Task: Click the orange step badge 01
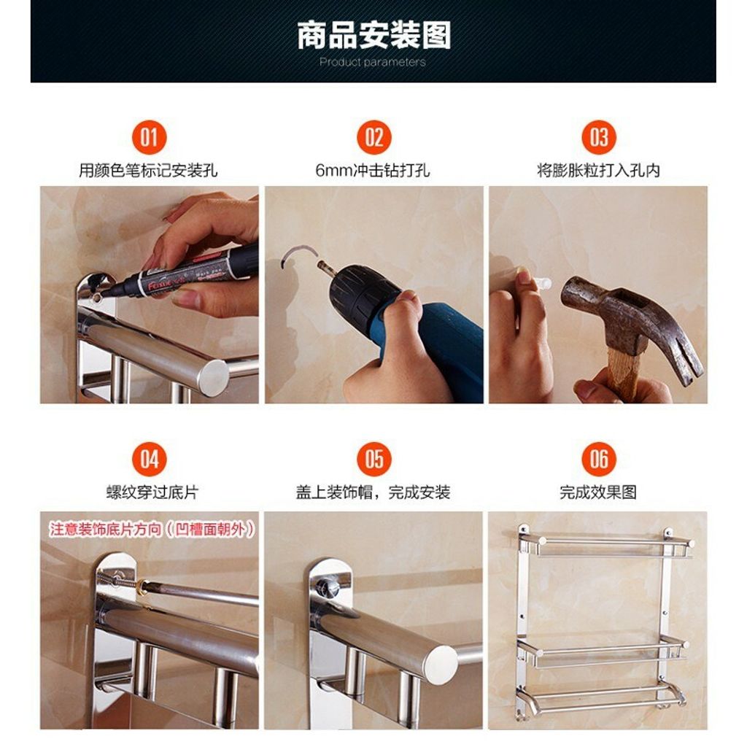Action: [149, 137]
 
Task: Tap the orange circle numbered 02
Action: [374, 137]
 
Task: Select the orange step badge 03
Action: [599, 137]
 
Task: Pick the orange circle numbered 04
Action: [149, 460]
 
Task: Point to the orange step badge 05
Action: [374, 460]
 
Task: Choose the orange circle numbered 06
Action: [599, 460]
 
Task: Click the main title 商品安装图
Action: [374, 35]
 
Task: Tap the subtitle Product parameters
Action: [373, 62]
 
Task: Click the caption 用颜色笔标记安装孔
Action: [148, 170]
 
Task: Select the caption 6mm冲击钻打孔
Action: [373, 170]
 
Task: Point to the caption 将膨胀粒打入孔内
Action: [598, 170]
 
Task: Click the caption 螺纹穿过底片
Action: [152, 492]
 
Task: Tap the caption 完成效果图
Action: [598, 492]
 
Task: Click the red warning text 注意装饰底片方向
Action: [105, 530]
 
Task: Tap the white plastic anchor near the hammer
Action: [543, 284]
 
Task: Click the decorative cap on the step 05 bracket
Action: [328, 586]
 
